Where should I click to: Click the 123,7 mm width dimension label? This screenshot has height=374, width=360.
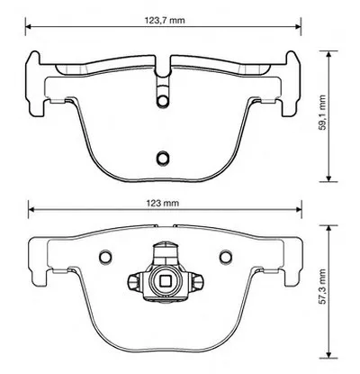[x=165, y=21]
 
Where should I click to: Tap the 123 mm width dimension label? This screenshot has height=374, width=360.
[x=163, y=203]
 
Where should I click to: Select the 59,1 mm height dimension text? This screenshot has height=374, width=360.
[x=322, y=113]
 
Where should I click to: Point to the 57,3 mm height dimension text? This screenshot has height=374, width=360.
[x=322, y=287]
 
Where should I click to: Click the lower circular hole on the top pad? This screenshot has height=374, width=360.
[x=163, y=157]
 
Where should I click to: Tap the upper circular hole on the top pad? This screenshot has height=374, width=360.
[x=163, y=101]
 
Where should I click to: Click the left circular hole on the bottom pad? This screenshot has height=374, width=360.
[x=105, y=256]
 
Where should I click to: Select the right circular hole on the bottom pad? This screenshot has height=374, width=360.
[x=225, y=256]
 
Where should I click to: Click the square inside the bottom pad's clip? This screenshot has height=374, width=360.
[x=166, y=281]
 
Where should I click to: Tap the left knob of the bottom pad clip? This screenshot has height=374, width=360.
[x=133, y=282]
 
